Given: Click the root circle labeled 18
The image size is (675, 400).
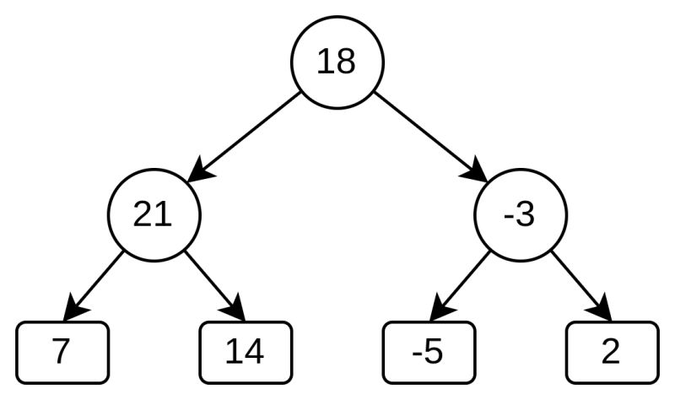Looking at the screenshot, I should pos(337,63).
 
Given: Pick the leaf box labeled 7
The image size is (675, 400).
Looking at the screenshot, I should pos(63,351).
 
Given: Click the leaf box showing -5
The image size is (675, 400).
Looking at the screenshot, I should pos(428,351).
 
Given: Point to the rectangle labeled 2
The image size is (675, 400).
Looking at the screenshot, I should pos(611,351).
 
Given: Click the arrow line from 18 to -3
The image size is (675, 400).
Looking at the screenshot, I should pos(426,134).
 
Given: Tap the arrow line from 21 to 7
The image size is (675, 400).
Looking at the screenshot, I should pos(100,282).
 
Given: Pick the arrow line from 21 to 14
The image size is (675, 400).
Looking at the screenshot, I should pos(211,282).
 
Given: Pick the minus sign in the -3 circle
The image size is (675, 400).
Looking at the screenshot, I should pos(508,218).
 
